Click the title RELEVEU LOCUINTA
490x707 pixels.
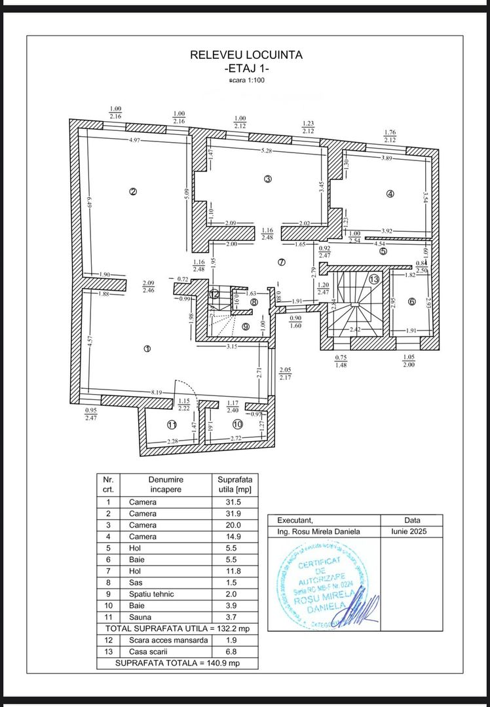[246, 56]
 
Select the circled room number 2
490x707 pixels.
[133, 192]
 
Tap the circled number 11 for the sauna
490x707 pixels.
[172, 425]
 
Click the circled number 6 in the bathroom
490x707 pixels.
[411, 301]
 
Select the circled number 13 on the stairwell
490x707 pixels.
[374, 279]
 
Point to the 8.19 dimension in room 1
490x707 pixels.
[157, 391]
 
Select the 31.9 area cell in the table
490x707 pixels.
[234, 513]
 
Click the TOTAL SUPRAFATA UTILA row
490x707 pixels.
[177, 628]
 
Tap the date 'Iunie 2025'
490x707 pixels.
[412, 532]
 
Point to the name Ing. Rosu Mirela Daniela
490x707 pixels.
[319, 532]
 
